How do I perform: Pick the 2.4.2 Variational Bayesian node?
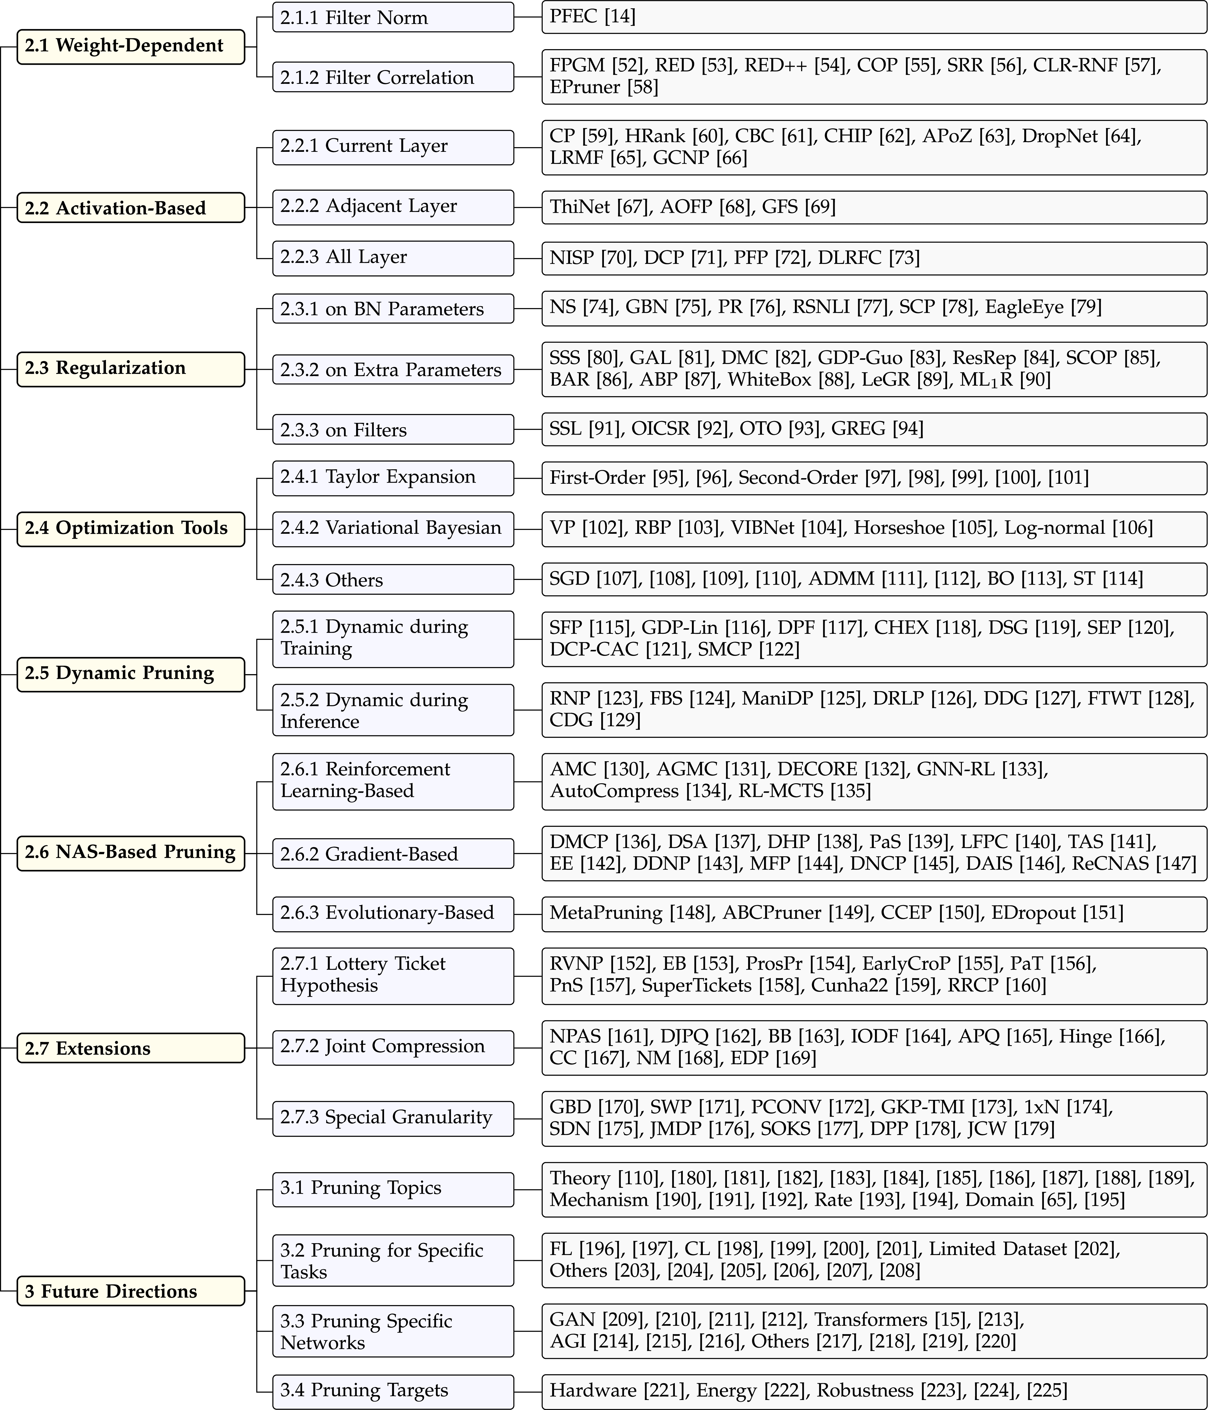click(393, 529)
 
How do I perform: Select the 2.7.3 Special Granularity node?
click(393, 1118)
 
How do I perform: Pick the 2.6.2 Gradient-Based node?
click(393, 854)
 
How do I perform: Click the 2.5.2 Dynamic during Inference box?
click(393, 711)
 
